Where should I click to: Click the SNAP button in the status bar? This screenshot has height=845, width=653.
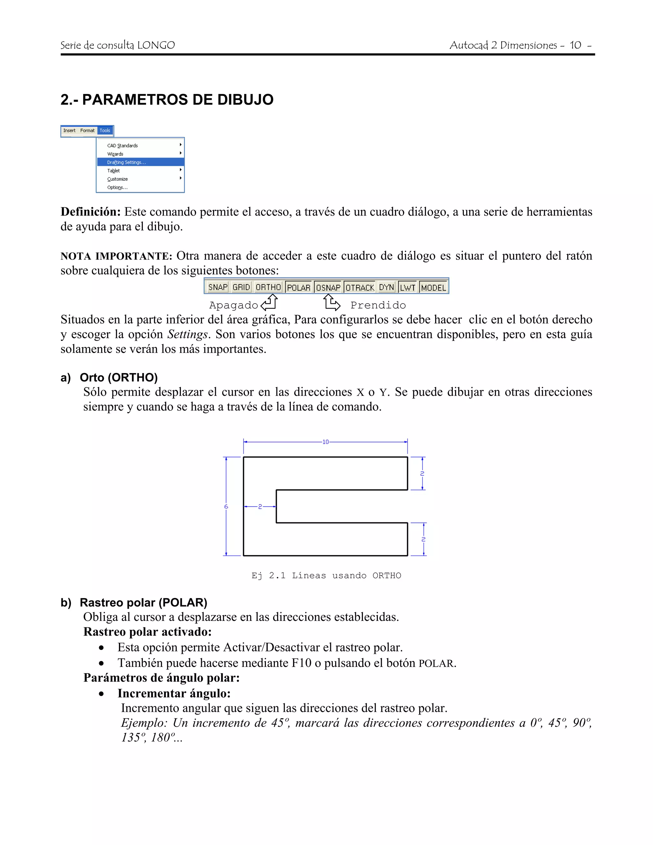218,287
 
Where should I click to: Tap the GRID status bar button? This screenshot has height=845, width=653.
241,287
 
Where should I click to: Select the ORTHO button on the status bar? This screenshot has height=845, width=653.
268,287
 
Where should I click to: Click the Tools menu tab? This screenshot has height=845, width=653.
105,131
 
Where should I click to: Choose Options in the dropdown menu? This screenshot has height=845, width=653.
117,187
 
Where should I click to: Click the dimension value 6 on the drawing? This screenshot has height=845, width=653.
226,506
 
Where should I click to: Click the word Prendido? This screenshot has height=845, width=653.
378,305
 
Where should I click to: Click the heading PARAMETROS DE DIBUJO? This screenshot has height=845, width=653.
167,99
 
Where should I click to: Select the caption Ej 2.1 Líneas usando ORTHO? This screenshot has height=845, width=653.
326,575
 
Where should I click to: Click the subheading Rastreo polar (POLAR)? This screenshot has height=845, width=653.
143,602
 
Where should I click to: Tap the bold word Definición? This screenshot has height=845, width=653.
91,212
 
